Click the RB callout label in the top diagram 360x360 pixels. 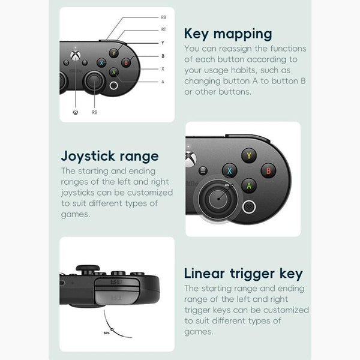point(163,17)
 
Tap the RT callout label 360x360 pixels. point(163,29)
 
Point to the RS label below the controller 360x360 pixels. point(95,112)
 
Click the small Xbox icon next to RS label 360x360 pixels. point(76,112)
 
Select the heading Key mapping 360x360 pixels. point(228,34)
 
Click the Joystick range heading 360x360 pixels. point(110,157)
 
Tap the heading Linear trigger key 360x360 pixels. point(244,274)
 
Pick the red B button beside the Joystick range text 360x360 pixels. point(268,170)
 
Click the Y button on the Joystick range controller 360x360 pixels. point(249,155)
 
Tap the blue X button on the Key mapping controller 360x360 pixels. point(101,62)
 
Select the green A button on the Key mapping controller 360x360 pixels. point(113,73)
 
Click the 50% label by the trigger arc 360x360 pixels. point(107,333)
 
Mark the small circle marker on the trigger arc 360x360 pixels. point(112,329)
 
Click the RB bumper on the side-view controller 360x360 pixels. point(116,282)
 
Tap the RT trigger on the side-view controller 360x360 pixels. point(116,297)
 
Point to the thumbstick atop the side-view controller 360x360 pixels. point(88,268)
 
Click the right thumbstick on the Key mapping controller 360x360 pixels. point(94,81)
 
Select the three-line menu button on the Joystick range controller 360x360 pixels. point(203,170)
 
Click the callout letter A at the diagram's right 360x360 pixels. point(163,82)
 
